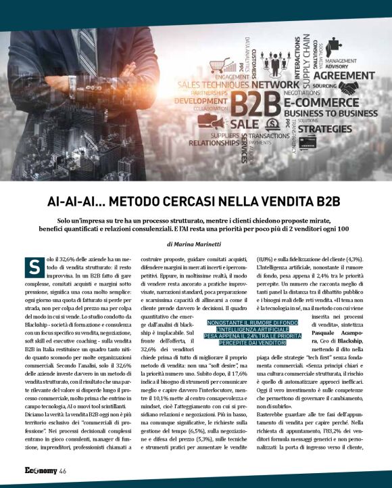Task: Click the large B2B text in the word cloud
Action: point(256,106)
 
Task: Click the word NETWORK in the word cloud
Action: point(276,85)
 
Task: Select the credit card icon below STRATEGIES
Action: point(308,142)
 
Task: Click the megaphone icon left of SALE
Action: point(219,125)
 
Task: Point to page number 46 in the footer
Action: point(62,471)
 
